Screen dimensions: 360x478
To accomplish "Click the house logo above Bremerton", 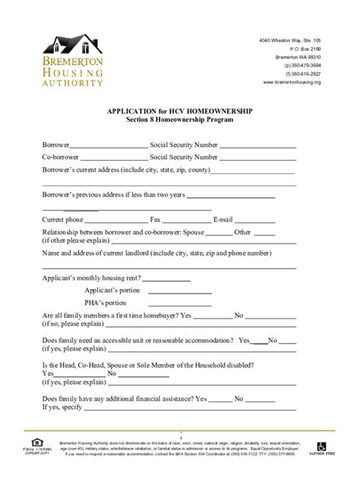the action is click(72, 46).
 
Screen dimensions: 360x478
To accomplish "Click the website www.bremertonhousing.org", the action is click(292, 82).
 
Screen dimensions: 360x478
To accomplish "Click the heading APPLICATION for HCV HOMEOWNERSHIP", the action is click(180, 111).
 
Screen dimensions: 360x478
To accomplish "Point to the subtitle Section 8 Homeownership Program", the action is click(180, 120).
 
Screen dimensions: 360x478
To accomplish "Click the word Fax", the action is click(155, 219).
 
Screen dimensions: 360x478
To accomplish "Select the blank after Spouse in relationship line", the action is click(219, 234).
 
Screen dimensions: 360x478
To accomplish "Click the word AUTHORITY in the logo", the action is click(73, 82).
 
